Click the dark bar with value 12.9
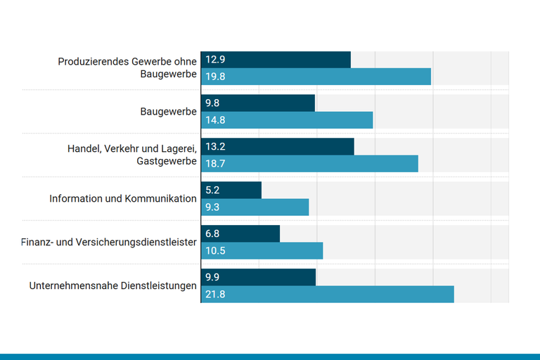[x=276, y=60]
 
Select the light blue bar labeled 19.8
[x=316, y=77]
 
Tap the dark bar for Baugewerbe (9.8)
[x=258, y=103]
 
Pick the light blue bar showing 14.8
[x=287, y=120]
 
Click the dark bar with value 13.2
[x=277, y=147]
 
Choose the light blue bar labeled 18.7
[x=309, y=164]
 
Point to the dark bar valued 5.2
[x=231, y=191]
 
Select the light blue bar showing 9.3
[x=255, y=207]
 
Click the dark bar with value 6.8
[x=240, y=234]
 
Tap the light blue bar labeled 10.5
[x=262, y=251]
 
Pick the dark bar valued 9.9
[x=258, y=278]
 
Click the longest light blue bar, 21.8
[x=327, y=295]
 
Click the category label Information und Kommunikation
[x=123, y=198]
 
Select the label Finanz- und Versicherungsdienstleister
[x=109, y=243]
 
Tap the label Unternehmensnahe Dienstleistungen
[x=112, y=286]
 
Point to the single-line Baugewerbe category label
[x=168, y=112]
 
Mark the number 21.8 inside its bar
[x=215, y=295]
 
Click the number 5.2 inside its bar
[x=212, y=191]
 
